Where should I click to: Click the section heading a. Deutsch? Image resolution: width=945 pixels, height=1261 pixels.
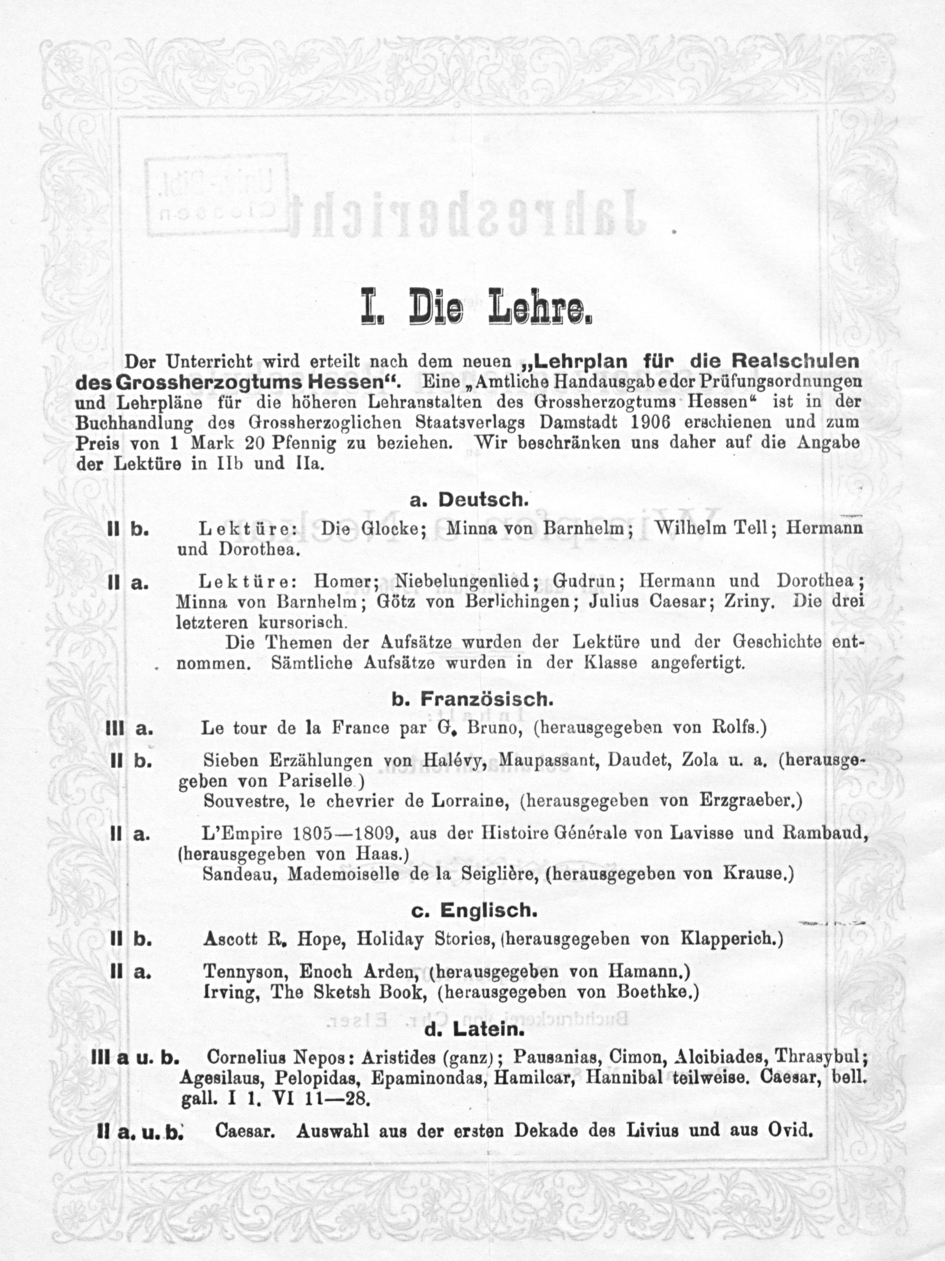coord(469,499)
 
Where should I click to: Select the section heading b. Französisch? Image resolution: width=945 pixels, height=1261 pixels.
coord(472,700)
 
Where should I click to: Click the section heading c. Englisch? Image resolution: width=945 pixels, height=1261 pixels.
coord(474,911)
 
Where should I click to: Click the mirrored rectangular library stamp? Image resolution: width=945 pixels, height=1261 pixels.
coord(217,196)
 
